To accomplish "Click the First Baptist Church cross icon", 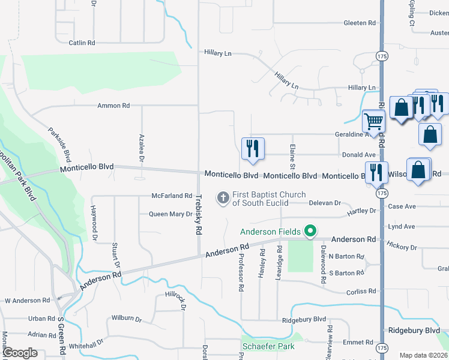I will pyautogui.click(x=223, y=197).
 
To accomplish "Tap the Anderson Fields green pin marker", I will pyautogui.click(x=310, y=231).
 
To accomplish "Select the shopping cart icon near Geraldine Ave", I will pyautogui.click(x=373, y=121).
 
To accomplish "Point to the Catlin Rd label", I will pyautogui.click(x=82, y=43).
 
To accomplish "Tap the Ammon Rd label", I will pyautogui.click(x=114, y=106).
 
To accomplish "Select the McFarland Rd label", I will pyautogui.click(x=172, y=196).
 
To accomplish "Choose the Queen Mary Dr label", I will pyautogui.click(x=170, y=214).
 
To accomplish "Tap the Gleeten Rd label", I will pyautogui.click(x=360, y=23).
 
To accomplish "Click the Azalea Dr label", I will pyautogui.click(x=142, y=148).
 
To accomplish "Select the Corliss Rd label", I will pyautogui.click(x=361, y=292).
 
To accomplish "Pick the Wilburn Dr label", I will pyautogui.click(x=126, y=319).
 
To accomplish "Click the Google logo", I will pyautogui.click(x=20, y=353).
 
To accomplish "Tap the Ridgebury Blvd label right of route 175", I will pyautogui.click(x=414, y=330).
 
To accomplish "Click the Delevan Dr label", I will pyautogui.click(x=325, y=203).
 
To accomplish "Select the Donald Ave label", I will pyautogui.click(x=358, y=155).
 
